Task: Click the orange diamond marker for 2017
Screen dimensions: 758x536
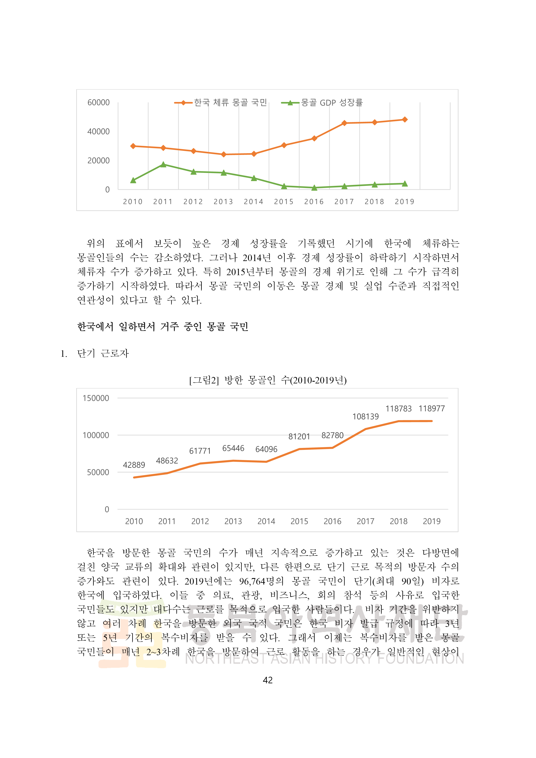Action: pyautogui.click(x=344, y=123)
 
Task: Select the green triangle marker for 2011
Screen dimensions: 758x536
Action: pyautogui.click(x=163, y=164)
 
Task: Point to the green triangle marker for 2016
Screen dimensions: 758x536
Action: pyautogui.click(x=314, y=188)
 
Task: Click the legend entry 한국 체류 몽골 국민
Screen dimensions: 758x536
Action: pyautogui.click(x=230, y=103)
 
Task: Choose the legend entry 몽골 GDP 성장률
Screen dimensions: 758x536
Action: pyautogui.click(x=331, y=103)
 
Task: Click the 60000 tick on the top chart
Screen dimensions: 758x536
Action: pyautogui.click(x=98, y=103)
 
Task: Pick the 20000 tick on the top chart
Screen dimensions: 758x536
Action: pyautogui.click(x=98, y=161)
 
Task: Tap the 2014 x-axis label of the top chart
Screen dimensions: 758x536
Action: pyautogui.click(x=253, y=202)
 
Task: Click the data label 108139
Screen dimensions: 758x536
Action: pyautogui.click(x=365, y=417)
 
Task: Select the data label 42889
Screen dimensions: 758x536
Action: pyautogui.click(x=134, y=465)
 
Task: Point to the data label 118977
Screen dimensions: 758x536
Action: pyautogui.click(x=432, y=409)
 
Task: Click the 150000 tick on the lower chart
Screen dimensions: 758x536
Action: pyautogui.click(x=96, y=398)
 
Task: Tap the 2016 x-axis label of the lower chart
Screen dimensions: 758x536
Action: pyautogui.click(x=332, y=521)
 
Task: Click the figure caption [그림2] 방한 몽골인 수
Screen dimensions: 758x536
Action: pyautogui.click(x=268, y=380)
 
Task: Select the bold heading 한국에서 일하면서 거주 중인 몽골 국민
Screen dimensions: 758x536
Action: pyautogui.click(x=163, y=327)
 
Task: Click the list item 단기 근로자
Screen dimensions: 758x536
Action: pyautogui.click(x=103, y=354)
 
